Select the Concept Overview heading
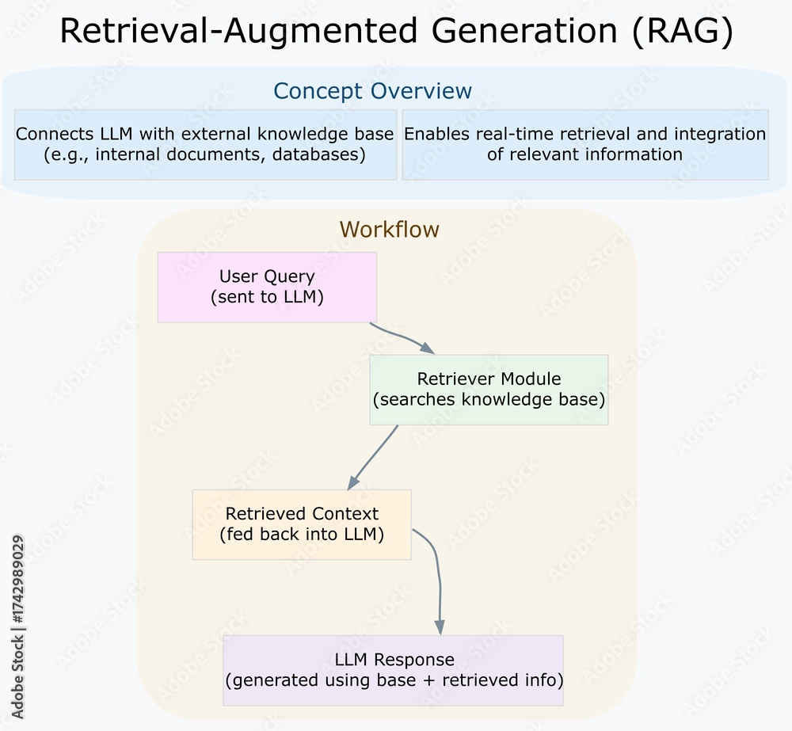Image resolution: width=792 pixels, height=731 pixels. tap(372, 91)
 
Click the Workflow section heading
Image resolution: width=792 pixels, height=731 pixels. tap(389, 230)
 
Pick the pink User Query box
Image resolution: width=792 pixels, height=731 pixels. tap(267, 287)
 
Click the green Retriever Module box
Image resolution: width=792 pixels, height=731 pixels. tap(489, 390)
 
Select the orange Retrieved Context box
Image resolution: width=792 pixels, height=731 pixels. tap(302, 524)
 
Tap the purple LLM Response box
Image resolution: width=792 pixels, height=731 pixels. tap(394, 670)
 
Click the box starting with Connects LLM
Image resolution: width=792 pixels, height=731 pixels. tap(205, 144)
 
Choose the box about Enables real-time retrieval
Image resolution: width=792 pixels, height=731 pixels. tap(585, 144)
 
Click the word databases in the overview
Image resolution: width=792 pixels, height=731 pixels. tap(318, 154)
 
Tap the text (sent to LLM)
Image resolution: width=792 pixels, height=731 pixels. tap(267, 298)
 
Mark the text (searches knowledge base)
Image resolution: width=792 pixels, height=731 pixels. tap(489, 400)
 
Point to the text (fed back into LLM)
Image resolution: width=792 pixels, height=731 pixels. tap(302, 535)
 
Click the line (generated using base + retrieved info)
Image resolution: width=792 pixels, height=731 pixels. tap(394, 680)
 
